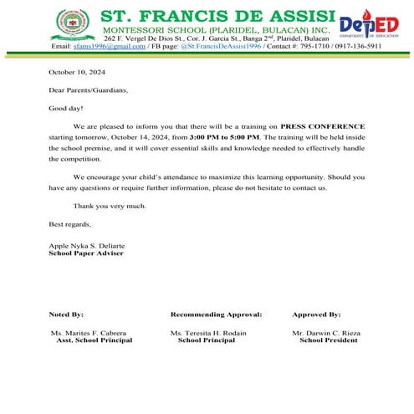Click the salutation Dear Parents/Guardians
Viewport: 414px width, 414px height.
click(89, 90)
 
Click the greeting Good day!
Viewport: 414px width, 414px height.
click(66, 108)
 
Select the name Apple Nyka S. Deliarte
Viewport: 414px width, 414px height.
click(87, 245)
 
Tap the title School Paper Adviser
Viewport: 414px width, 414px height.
click(86, 253)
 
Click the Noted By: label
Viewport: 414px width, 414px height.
click(67, 314)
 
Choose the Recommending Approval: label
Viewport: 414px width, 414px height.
click(216, 314)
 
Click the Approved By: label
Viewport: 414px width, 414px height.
click(316, 314)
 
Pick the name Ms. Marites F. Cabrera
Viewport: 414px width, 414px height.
click(89, 334)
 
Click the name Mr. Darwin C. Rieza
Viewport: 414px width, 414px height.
click(326, 334)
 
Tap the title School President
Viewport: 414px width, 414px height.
click(328, 341)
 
